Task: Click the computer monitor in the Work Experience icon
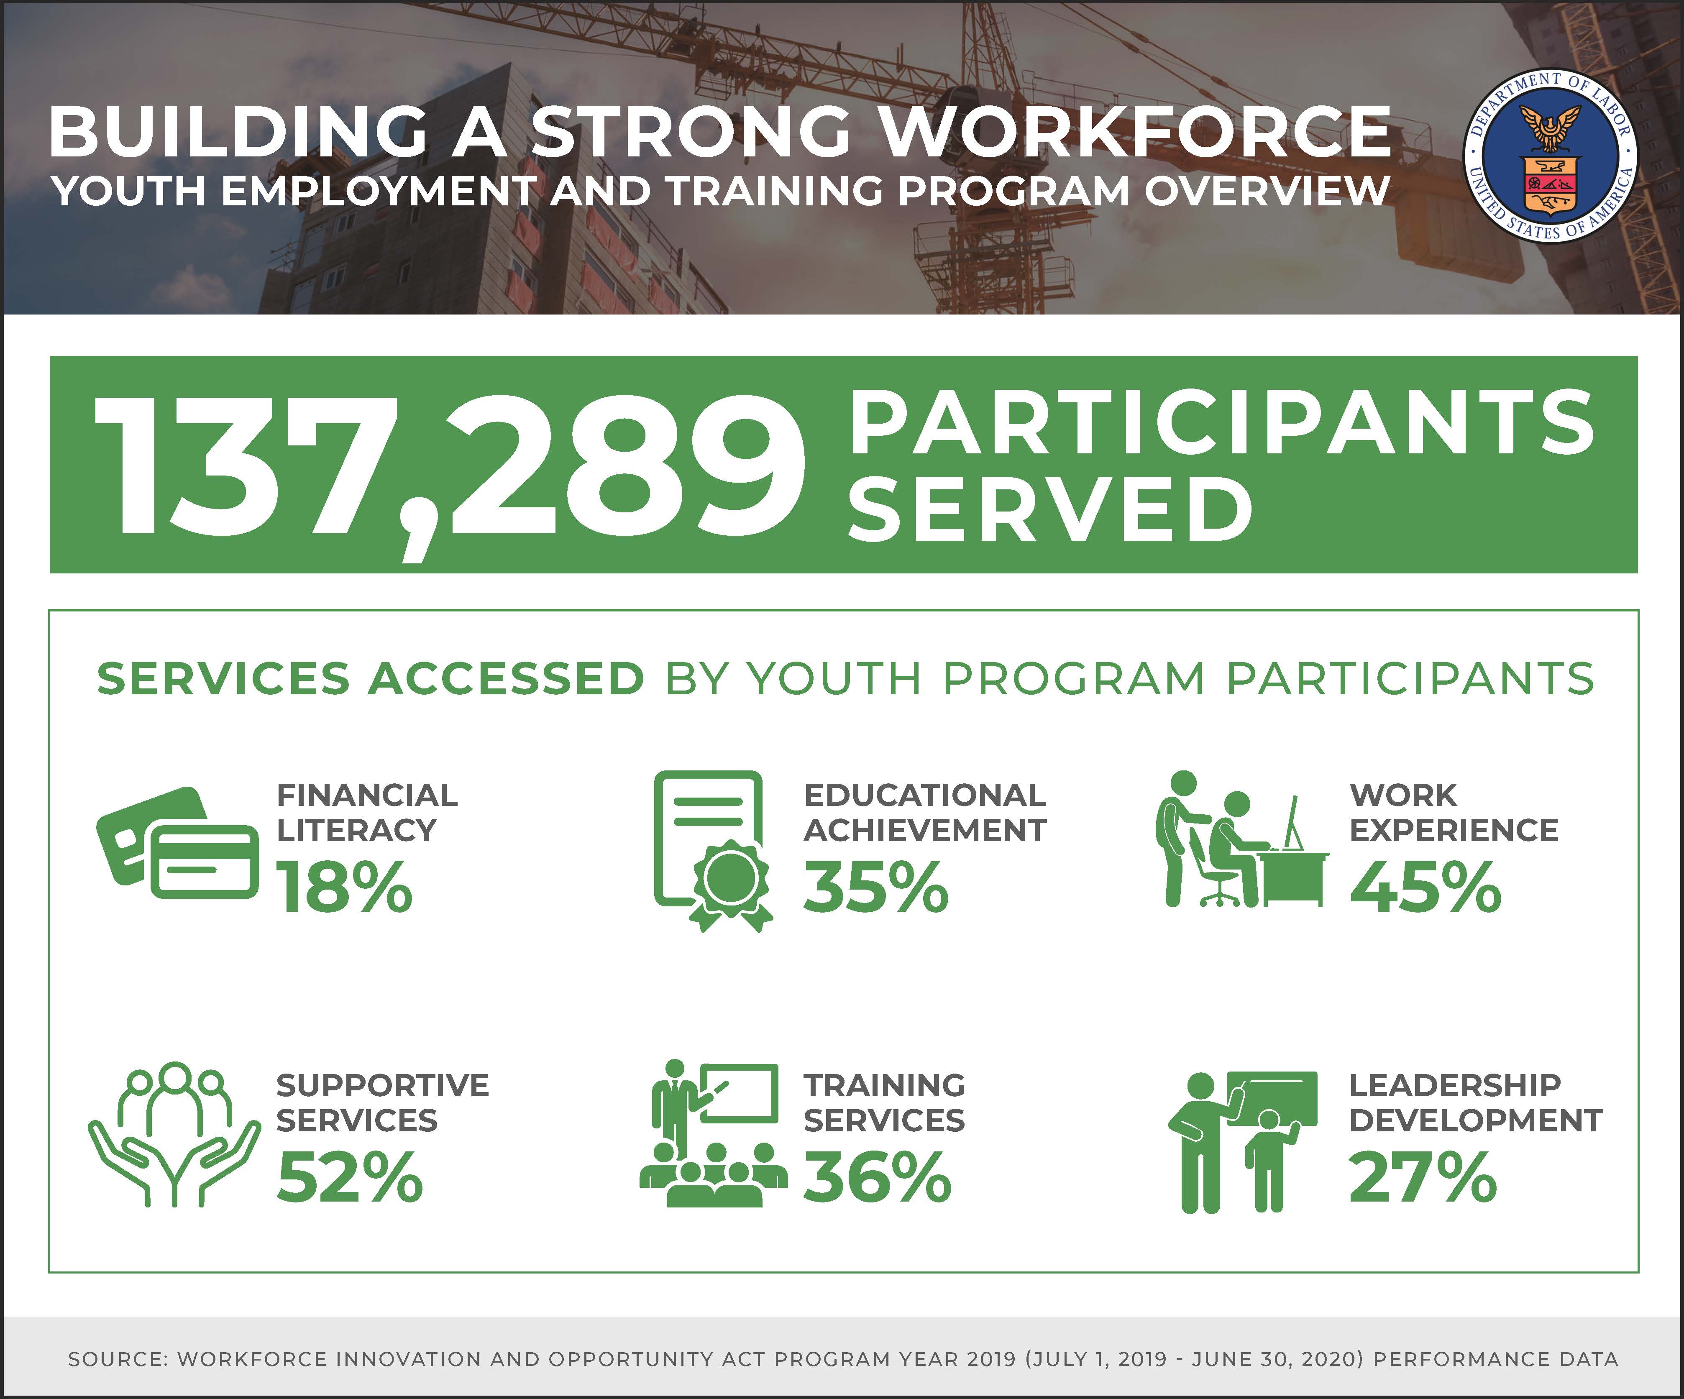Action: pos(1292,823)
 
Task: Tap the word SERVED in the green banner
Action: pos(1050,508)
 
